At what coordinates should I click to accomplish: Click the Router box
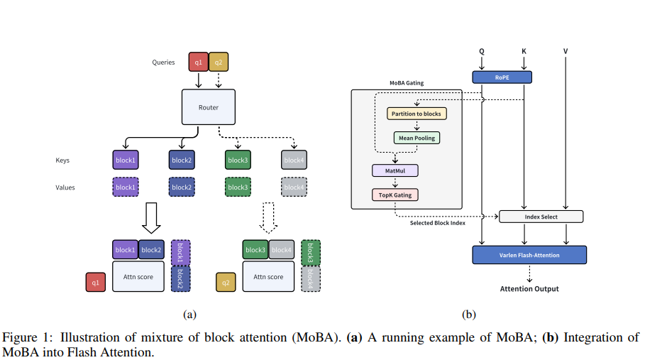point(209,108)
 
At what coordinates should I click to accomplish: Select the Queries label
point(163,62)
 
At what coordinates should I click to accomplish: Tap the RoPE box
point(501,77)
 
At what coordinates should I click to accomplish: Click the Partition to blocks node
point(417,114)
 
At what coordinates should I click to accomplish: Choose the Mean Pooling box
point(417,137)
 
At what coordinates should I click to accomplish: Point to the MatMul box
point(395,170)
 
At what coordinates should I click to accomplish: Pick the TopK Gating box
point(395,195)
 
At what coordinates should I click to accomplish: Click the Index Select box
point(541,217)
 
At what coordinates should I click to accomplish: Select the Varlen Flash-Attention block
point(529,255)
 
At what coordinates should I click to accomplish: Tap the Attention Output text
point(529,289)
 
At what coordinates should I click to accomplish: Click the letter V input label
point(565,51)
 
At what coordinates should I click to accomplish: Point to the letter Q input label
point(482,51)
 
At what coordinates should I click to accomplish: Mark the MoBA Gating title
point(407,83)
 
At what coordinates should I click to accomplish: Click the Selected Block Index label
point(438,223)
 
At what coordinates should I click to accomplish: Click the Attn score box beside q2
point(268,277)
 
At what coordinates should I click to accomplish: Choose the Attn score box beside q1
point(138,277)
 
